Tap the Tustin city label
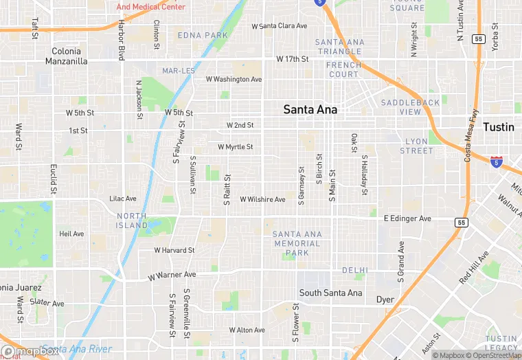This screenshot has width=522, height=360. click(498, 127)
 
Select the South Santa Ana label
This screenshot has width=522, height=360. click(330, 293)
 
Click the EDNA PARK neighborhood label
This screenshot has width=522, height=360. click(203, 35)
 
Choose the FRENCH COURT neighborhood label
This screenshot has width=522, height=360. click(343, 69)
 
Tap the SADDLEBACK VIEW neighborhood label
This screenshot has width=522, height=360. click(410, 107)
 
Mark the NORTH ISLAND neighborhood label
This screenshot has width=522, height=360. click(132, 221)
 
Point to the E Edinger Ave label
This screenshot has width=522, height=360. click(407, 218)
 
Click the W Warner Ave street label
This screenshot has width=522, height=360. click(172, 275)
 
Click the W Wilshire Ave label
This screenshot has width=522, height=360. click(262, 199)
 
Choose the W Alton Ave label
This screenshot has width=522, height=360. click(247, 330)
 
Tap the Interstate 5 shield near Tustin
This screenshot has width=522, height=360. click(496, 162)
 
